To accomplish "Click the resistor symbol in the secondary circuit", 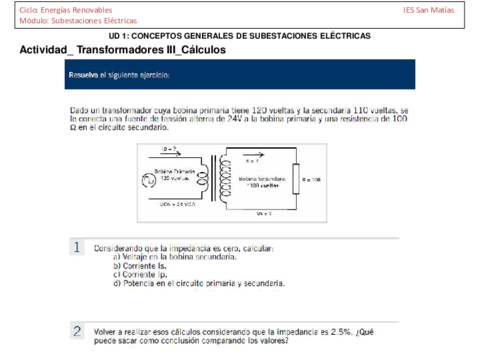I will [293, 180].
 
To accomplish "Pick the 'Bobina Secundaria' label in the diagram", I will [257, 180].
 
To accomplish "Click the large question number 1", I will [76, 247].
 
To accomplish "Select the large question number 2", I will [76, 330].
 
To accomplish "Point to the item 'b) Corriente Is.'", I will [146, 266].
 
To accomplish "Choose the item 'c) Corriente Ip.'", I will [146, 275].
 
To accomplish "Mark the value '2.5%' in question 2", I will [329, 329].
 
